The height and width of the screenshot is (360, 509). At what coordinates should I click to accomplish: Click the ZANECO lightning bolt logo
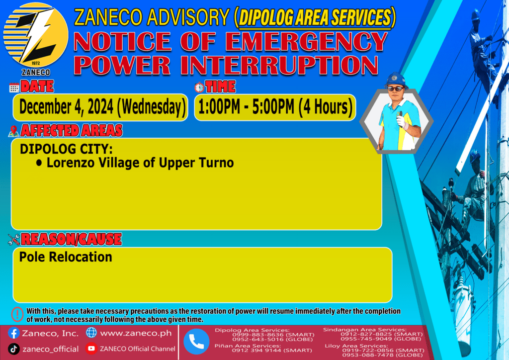[x=36, y=35]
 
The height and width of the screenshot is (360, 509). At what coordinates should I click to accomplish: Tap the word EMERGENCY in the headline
[x=306, y=42]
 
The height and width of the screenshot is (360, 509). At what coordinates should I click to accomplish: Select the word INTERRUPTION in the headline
[x=279, y=65]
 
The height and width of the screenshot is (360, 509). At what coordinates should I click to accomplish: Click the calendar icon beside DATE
[x=14, y=88]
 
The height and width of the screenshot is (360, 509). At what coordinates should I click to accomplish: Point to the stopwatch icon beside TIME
[x=199, y=87]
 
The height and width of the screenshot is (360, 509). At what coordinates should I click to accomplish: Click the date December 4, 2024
[x=66, y=107]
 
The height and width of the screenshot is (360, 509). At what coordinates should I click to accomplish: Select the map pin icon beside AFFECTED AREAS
[x=13, y=131]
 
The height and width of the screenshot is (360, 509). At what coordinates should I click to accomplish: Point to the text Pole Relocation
[x=66, y=257]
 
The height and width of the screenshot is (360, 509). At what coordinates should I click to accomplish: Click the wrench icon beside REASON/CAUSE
[x=14, y=240]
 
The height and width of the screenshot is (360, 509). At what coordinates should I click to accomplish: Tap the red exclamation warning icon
[x=17, y=314]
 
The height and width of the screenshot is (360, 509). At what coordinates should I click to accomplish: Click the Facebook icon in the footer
[x=13, y=333]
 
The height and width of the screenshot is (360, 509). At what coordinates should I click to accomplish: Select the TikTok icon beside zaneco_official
[x=13, y=349]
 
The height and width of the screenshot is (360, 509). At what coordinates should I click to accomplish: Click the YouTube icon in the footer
[x=91, y=348]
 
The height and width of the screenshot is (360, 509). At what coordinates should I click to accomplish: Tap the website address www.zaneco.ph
[x=136, y=333]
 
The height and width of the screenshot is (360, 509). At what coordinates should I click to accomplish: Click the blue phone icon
[x=196, y=342]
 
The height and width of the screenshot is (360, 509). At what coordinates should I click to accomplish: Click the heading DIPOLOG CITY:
[x=66, y=149]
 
